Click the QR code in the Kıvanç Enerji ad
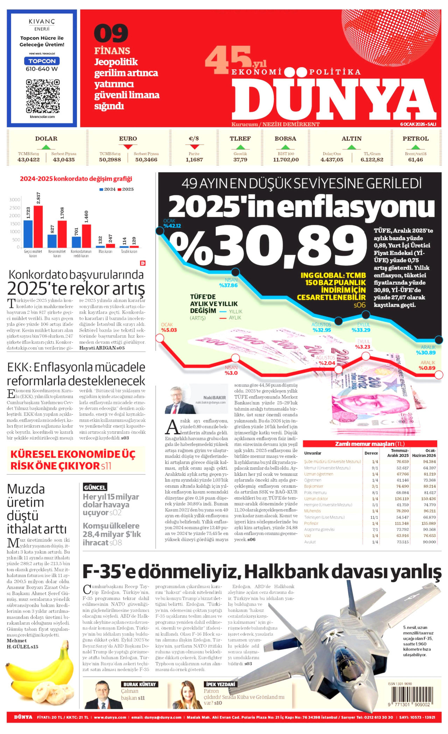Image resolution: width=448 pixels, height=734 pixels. point(42,96)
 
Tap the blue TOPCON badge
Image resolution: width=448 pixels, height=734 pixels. point(42,61)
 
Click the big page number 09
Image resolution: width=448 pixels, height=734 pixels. point(111,34)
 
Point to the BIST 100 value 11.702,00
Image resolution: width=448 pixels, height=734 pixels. point(286,160)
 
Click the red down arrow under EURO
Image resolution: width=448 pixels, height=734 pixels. point(128,147)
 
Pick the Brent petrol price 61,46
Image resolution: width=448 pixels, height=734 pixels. point(415,160)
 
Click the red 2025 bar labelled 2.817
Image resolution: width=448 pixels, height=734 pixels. point(38,226)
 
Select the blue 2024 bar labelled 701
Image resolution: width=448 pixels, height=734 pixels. point(76,242)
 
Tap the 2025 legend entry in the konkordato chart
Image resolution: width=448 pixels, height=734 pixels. point(125,189)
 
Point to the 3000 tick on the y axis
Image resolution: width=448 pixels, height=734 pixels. point(15,200)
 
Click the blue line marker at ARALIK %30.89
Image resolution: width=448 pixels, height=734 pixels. point(439,340)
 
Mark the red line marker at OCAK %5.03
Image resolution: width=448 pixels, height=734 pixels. point(160,338)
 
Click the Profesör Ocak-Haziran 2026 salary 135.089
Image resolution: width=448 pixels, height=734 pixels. point(428,523)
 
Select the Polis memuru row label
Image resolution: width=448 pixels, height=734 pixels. point(315,493)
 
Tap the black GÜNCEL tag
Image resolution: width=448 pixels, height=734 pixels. point(94,487)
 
